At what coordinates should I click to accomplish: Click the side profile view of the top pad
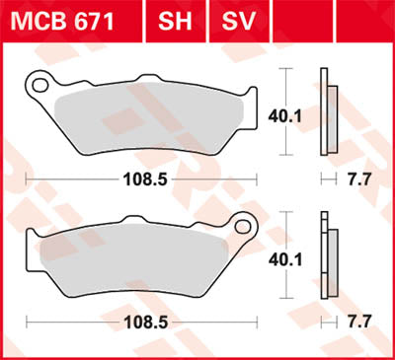point(329,112)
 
